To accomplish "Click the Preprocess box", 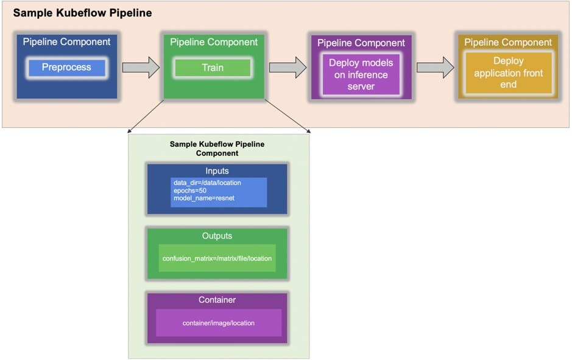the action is click(67, 68).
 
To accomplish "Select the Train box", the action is click(213, 68).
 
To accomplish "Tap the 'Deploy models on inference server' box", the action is click(361, 74).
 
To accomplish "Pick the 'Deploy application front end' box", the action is click(508, 72).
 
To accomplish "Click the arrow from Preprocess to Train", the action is click(141, 68).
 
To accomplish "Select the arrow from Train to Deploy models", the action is click(288, 68).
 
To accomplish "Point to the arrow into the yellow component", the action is click(435, 68).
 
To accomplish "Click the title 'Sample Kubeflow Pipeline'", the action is click(82, 13).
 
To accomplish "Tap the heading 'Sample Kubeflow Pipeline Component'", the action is click(217, 149).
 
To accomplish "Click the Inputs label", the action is click(217, 171).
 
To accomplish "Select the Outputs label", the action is click(217, 236).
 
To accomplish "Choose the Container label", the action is click(217, 300).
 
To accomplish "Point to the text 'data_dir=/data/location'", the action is click(207, 183).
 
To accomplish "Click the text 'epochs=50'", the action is click(190, 191).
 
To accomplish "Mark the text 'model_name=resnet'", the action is click(204, 198).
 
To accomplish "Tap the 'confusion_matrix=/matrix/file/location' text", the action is click(217, 259).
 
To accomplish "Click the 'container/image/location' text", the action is click(219, 323).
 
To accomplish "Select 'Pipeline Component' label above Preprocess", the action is click(67, 42).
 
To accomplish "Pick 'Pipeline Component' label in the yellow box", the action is click(508, 42).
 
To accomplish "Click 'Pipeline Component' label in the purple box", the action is click(361, 43).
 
